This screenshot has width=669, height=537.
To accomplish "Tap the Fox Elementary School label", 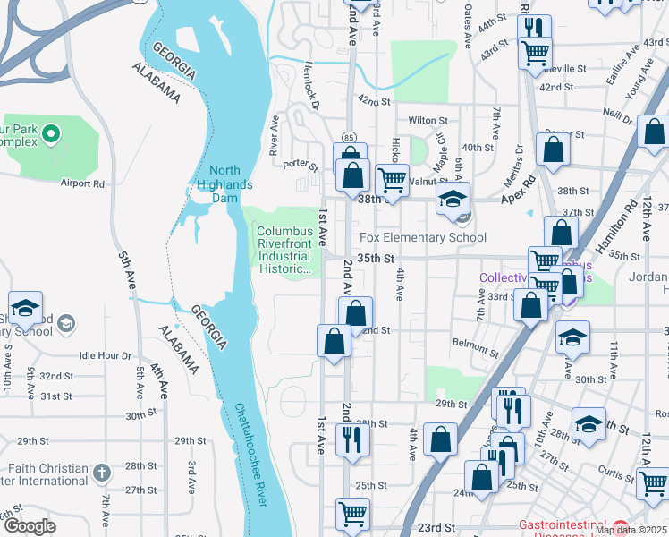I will [423, 237].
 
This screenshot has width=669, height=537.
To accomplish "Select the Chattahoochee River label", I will [250, 456].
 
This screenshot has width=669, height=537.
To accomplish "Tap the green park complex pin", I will [52, 134].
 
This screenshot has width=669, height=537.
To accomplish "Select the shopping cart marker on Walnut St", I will [392, 180].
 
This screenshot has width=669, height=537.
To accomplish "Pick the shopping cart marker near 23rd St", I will [353, 515].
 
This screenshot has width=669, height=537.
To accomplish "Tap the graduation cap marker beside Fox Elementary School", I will [453, 199].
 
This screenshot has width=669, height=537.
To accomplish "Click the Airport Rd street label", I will [82, 183].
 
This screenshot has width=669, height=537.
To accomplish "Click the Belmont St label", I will [474, 343].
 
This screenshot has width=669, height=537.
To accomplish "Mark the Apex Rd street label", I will [517, 186].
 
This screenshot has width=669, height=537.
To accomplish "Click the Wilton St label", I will [428, 120].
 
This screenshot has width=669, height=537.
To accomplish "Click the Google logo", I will [30, 526].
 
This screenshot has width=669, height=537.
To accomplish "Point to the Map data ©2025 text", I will [630, 530].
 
